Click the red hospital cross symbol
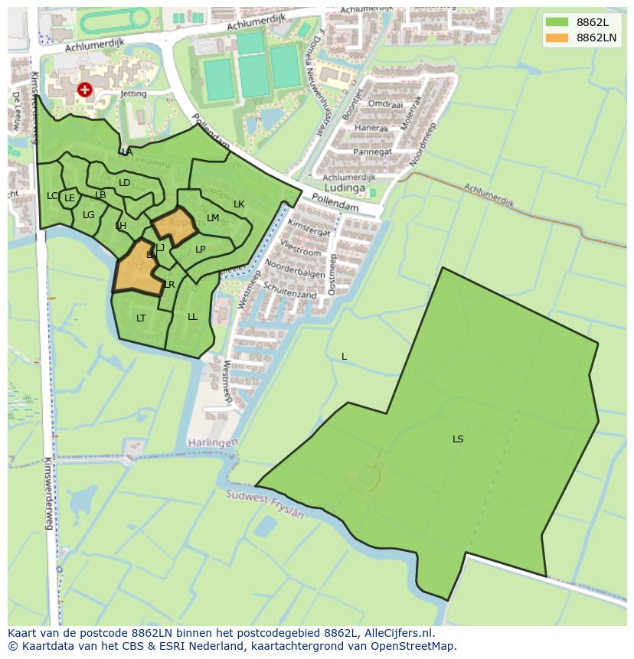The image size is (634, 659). [85, 90]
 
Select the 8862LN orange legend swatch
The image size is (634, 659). [557, 38]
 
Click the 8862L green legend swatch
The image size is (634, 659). [557, 22]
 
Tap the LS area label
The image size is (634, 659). [458, 439]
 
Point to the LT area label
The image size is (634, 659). [141, 318]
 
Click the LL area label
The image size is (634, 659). [192, 317]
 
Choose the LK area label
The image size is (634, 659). [239, 204]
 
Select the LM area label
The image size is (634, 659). [213, 218]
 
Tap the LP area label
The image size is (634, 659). [200, 250]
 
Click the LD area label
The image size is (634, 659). [124, 183]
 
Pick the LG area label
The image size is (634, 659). [89, 215]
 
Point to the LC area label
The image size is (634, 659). [52, 196]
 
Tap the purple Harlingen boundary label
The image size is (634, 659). [213, 443]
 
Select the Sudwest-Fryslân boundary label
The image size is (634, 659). [265, 505]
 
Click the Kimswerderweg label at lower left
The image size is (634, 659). [47, 494]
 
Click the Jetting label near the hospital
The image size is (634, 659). [112, 93]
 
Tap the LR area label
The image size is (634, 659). [169, 285]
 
